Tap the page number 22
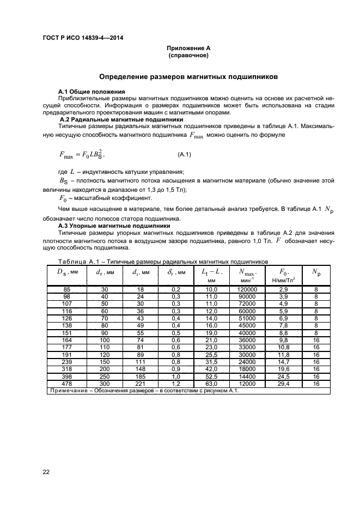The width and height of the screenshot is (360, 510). pos(46,472)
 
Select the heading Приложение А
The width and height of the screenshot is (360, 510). pos(188,48)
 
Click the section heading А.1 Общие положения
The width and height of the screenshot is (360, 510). pos(91,91)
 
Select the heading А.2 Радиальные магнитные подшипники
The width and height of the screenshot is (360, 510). pos(121,119)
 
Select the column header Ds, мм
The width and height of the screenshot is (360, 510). pos(66,272)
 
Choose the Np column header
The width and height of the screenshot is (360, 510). pos(316,272)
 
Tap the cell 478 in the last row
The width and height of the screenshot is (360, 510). pos(66,384)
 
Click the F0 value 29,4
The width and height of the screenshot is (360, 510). pos(283,384)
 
